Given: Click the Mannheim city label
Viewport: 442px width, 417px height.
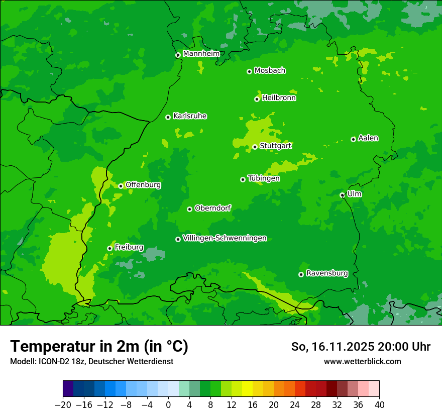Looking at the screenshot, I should [201, 53].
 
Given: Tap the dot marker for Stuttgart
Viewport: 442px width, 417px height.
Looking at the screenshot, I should [255, 147].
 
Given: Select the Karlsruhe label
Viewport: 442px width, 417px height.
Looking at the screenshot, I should [190, 116].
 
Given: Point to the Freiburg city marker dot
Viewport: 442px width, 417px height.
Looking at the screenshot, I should [109, 248].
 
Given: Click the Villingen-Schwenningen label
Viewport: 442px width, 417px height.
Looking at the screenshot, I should [225, 238].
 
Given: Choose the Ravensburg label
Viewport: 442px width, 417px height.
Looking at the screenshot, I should [327, 273].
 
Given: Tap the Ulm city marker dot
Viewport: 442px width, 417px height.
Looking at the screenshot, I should [343, 195].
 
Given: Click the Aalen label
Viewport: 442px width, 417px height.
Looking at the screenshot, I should [368, 138].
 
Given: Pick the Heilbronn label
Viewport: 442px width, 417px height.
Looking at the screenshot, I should [279, 98].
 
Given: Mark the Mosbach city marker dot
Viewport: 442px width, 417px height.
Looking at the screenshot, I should [249, 71].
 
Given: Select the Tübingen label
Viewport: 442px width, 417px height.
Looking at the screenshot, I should [264, 178].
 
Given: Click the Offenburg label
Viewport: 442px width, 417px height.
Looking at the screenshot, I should [143, 185].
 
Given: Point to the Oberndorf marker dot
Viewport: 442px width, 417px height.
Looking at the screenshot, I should [189, 209].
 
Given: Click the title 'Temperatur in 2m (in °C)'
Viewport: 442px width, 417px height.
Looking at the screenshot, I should [99, 346].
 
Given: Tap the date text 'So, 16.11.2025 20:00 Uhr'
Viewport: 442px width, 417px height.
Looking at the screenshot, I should [361, 347].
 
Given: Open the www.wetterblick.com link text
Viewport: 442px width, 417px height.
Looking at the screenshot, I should [362, 361].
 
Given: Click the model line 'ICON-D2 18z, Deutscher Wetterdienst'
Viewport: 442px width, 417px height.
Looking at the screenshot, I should [91, 361].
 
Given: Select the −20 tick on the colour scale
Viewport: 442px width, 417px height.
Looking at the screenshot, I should [63, 405].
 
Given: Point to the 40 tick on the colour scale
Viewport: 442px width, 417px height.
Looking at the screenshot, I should [379, 405].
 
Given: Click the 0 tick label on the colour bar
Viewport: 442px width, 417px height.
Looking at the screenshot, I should [168, 405].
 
